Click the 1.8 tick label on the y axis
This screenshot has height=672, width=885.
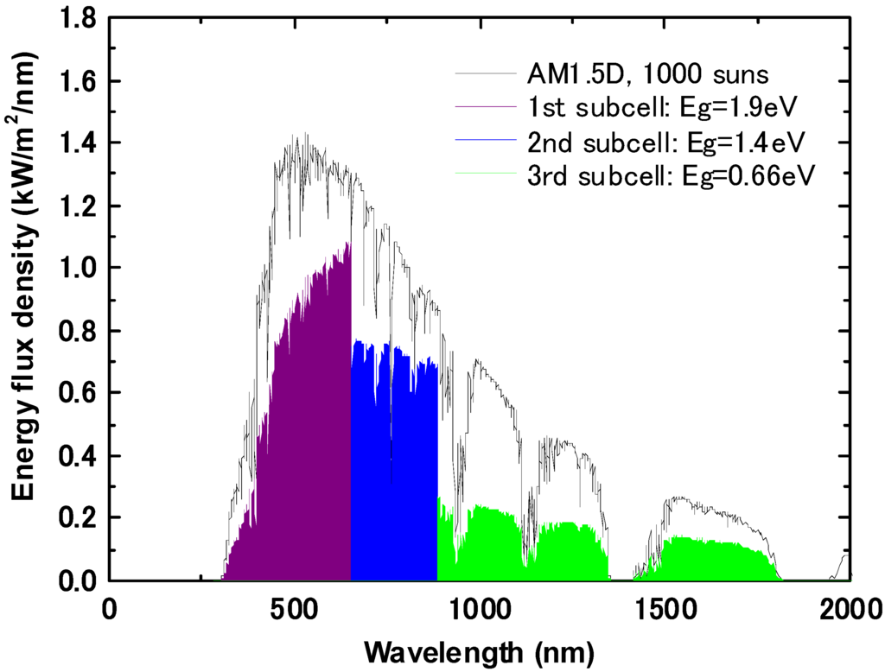[78, 18]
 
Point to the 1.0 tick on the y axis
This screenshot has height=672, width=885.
[78, 268]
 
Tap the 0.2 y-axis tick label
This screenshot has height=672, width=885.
[78, 517]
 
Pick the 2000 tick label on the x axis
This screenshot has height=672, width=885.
[850, 610]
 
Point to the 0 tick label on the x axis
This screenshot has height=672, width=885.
[108, 610]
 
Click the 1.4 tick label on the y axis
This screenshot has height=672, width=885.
[78, 143]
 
